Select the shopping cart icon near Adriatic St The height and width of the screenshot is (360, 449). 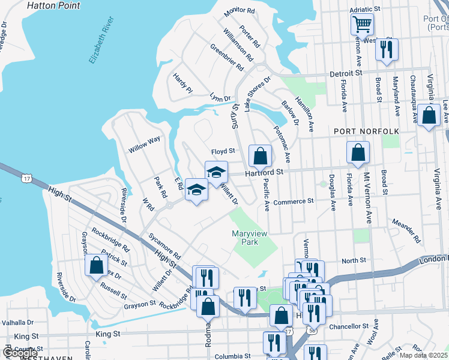tap(363, 25)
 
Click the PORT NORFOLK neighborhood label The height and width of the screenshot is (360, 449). tap(358, 131)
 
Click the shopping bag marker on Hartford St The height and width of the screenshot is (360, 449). tap(260, 157)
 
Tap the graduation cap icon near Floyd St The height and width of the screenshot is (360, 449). tap(216, 173)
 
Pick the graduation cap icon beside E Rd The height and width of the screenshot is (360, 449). tap(196, 191)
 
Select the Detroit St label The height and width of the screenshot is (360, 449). tap(347, 73)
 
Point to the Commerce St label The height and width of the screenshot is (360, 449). tap(294, 202)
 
